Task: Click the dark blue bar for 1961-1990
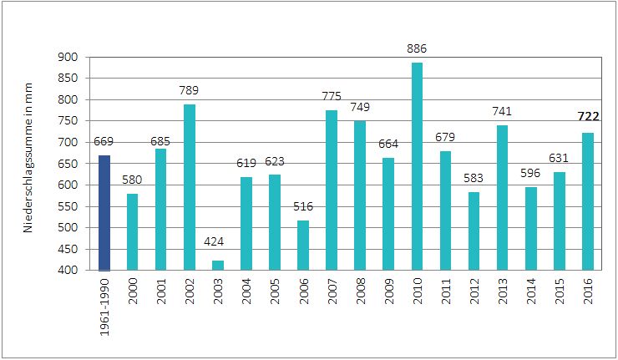pyautogui.click(x=104, y=212)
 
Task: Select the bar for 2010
pyautogui.click(x=417, y=166)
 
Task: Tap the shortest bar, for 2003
pyautogui.click(x=217, y=265)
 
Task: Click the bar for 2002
pyautogui.click(x=189, y=187)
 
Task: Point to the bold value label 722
pyautogui.click(x=587, y=118)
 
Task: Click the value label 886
pyautogui.click(x=417, y=48)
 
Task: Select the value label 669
pyautogui.click(x=104, y=141)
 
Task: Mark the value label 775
pyautogui.click(x=332, y=96)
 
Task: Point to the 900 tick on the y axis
pyautogui.click(x=68, y=57)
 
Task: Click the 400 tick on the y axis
pyautogui.click(x=68, y=271)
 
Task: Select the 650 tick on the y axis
pyautogui.click(x=68, y=164)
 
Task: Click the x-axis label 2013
pyautogui.click(x=502, y=290)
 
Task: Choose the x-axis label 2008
pyautogui.click(x=360, y=290)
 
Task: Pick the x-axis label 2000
pyautogui.click(x=133, y=290)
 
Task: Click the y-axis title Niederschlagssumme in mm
pyautogui.click(x=28, y=164)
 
